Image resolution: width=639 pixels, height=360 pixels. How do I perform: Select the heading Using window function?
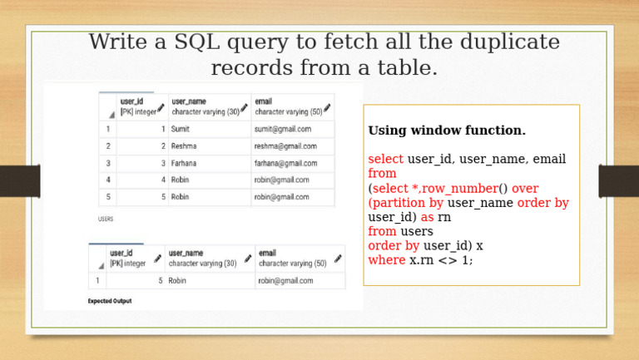pyautogui.click(x=447, y=131)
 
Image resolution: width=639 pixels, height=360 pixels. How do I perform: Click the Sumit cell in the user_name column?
pyautogui.click(x=181, y=129)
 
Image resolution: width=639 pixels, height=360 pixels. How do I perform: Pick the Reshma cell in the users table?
pyautogui.click(x=186, y=145)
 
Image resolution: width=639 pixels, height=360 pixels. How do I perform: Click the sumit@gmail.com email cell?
pyautogui.click(x=283, y=129)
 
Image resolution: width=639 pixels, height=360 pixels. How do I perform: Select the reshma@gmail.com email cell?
pyautogui.click(x=285, y=145)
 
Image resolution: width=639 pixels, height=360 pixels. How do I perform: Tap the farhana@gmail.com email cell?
pyautogui.click(x=285, y=163)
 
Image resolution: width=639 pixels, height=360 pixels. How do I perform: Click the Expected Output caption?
pyautogui.click(x=110, y=301)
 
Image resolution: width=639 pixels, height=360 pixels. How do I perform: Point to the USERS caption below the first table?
pyautogui.click(x=106, y=219)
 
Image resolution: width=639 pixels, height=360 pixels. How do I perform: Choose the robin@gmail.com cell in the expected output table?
pyautogui.click(x=285, y=281)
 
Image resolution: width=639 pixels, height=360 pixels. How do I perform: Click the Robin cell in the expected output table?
pyautogui.click(x=177, y=281)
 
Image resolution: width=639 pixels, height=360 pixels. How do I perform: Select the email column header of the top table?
pyautogui.click(x=265, y=101)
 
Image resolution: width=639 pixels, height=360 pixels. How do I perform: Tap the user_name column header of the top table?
pyautogui.click(x=188, y=101)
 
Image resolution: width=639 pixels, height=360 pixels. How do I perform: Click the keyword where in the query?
pyautogui.click(x=386, y=259)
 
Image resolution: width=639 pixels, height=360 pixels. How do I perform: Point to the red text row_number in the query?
pyautogui.click(x=464, y=189)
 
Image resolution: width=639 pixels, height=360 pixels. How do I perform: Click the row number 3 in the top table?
pyautogui.click(x=107, y=163)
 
